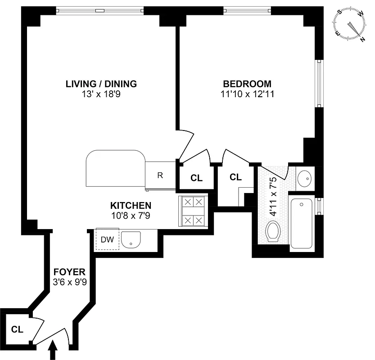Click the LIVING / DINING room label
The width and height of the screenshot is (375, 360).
pyautogui.click(x=101, y=84)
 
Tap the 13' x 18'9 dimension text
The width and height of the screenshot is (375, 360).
pyautogui.click(x=101, y=94)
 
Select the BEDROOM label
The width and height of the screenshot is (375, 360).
pyautogui.click(x=247, y=84)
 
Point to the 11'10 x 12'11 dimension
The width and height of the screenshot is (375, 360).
pyautogui.click(x=247, y=94)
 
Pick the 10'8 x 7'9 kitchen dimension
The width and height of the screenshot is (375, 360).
pyautogui.click(x=130, y=216)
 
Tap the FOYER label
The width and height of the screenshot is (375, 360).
pyautogui.click(x=69, y=272)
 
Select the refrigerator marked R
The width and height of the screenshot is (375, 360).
pyautogui.click(x=160, y=175)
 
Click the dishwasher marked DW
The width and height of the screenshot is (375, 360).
pyautogui.click(x=107, y=240)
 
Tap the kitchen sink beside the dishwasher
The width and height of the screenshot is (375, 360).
pyautogui.click(x=132, y=239)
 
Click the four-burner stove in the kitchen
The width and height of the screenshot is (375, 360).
pyautogui.click(x=193, y=211)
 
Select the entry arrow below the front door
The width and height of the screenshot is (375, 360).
pyautogui.click(x=53, y=350)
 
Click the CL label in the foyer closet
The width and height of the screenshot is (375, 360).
pyautogui.click(x=17, y=329)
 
